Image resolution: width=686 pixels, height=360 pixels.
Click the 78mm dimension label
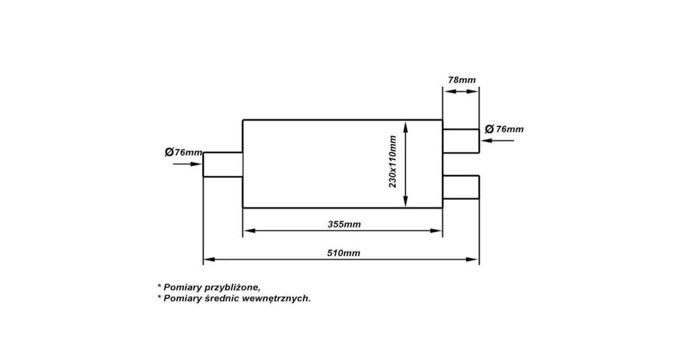coord(462,80)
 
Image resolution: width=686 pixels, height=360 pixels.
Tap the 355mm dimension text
coord(344,225)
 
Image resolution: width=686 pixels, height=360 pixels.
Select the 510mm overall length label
coord(344,253)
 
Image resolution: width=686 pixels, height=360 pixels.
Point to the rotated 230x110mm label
coord(392,161)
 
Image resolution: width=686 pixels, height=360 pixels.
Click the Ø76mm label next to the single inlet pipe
coord(184,152)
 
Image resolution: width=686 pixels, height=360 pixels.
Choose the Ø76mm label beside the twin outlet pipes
coord(504,129)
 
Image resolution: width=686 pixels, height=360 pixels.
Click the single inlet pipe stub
coord(223,165)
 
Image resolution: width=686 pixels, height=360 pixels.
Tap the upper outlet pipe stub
coord(461,141)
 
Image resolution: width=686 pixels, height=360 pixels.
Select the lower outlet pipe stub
coord(461,187)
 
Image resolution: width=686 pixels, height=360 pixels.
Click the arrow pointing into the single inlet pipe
coord(187,164)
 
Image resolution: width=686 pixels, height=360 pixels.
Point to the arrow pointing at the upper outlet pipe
coord(498,141)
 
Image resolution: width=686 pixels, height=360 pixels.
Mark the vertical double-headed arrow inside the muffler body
coord(405,165)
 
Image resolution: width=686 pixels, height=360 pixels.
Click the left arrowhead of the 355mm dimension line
coord(250,230)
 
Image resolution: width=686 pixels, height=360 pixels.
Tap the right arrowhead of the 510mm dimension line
coord(472,259)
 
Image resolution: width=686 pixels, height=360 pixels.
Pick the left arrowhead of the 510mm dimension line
coord(209,259)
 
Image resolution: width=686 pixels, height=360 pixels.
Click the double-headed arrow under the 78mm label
coord(461,91)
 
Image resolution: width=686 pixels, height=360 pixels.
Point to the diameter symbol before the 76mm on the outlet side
coord(489,129)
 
